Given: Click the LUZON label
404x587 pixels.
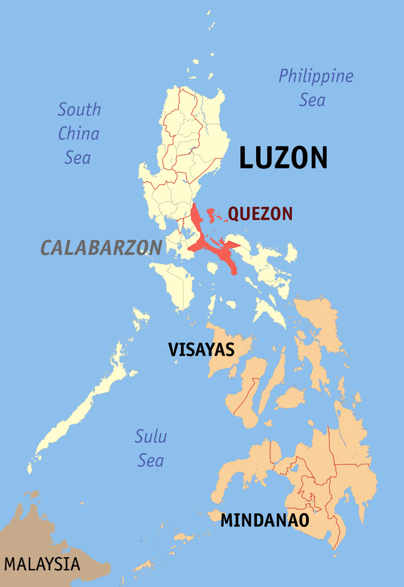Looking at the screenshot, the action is tap(283, 158).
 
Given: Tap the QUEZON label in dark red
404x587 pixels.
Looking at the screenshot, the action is tap(260, 214).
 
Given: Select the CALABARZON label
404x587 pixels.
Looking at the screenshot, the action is tap(101, 248).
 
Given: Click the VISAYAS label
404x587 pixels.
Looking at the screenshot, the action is tap(202, 350).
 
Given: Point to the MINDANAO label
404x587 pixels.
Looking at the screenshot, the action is tap(265, 520).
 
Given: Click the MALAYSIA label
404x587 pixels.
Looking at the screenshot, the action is tap(42, 564).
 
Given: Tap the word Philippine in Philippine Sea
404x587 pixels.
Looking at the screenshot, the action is tap(316, 76).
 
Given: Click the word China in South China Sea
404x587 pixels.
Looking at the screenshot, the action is tap(79, 133).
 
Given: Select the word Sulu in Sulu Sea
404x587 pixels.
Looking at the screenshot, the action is tap(151, 436).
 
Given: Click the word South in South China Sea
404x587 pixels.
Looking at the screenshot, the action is tap(79, 110).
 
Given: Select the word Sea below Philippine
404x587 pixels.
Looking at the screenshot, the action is tap(312, 100).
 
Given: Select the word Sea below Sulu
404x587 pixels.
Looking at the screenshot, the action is tap(150, 460).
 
